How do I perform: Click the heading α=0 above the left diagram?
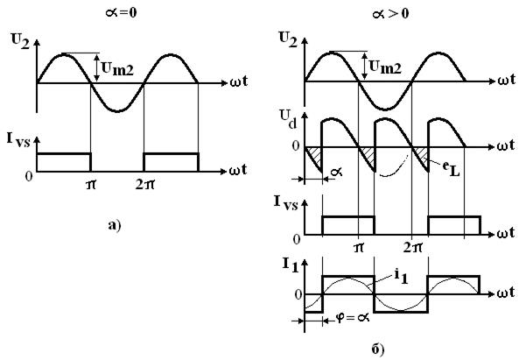point(121,13)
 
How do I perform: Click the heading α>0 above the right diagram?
point(391,14)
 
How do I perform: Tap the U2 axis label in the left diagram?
point(20,41)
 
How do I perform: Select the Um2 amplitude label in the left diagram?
point(117,69)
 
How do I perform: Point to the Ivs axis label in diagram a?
point(18,140)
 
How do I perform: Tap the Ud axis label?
point(288,119)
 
